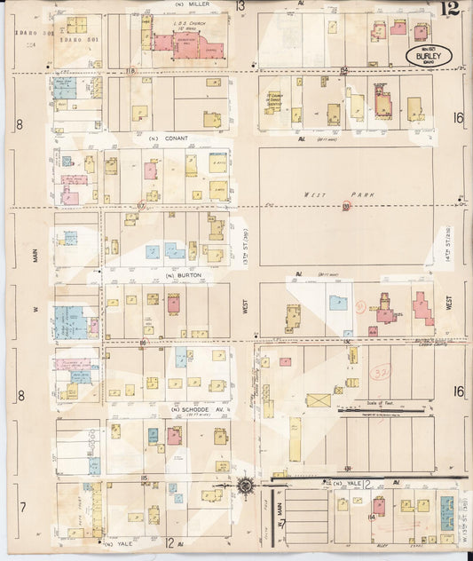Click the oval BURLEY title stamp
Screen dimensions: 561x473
coord(429,57)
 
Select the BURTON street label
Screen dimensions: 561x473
coord(183,276)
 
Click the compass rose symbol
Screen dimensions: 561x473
coord(246,486)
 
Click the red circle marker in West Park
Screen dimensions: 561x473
coord(346,206)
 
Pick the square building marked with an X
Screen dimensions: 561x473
coord(318,400)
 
